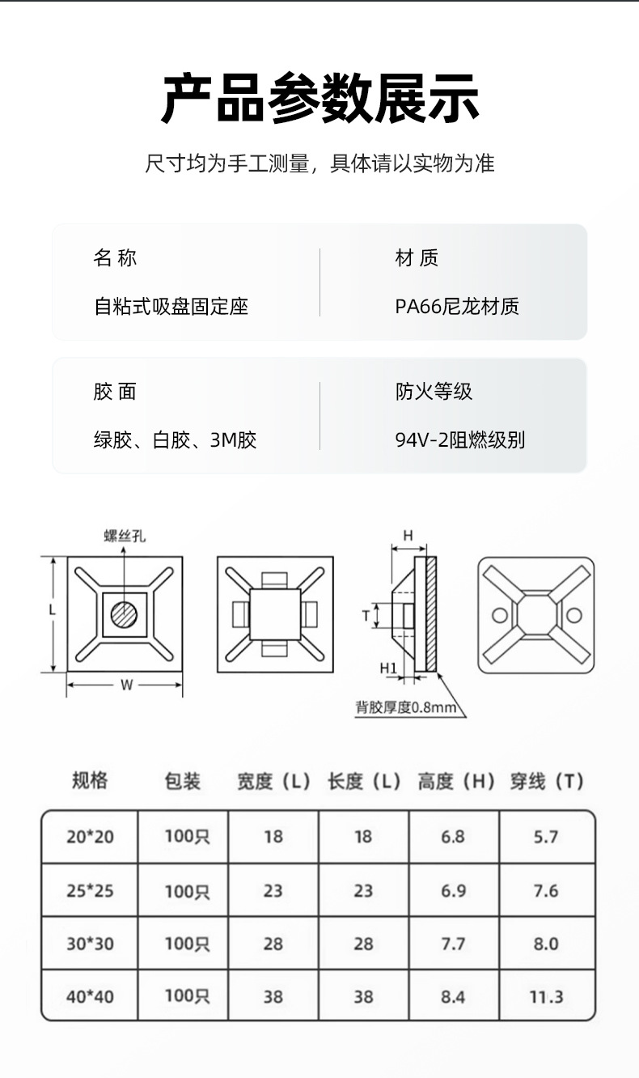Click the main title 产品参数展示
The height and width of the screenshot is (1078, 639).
pyautogui.click(x=319, y=98)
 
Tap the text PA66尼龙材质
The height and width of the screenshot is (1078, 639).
pyautogui.click(x=457, y=307)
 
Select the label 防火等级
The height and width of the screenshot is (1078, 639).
pyautogui.click(x=434, y=391)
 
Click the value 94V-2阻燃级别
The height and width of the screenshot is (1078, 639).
pyautogui.click(x=459, y=440)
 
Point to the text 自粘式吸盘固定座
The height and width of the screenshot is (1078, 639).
pyautogui.click(x=171, y=307)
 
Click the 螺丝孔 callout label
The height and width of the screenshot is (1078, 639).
pyautogui.click(x=125, y=536)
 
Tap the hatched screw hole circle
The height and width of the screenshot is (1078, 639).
pyautogui.click(x=124, y=614)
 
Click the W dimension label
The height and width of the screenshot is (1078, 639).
pyautogui.click(x=126, y=685)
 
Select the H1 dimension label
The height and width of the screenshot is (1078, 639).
pyautogui.click(x=388, y=668)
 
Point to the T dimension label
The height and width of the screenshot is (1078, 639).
pyautogui.click(x=366, y=616)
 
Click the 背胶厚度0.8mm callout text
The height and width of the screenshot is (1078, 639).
pyautogui.click(x=406, y=707)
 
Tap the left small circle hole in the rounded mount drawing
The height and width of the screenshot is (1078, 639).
pyautogui.click(x=499, y=615)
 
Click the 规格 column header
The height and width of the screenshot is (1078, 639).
pyautogui.click(x=90, y=781)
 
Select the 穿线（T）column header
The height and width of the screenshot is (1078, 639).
pyautogui.click(x=546, y=781)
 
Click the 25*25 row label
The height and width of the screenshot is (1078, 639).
pyautogui.click(x=90, y=891)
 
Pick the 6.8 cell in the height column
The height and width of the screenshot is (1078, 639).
pyautogui.click(x=453, y=837)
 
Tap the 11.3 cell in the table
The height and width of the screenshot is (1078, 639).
pyautogui.click(x=546, y=997)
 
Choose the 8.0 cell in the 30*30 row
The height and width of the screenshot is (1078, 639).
pyautogui.click(x=546, y=944)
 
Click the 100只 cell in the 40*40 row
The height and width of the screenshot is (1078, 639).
pyautogui.click(x=187, y=996)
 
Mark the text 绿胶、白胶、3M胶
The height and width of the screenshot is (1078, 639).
pyautogui.click(x=175, y=440)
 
